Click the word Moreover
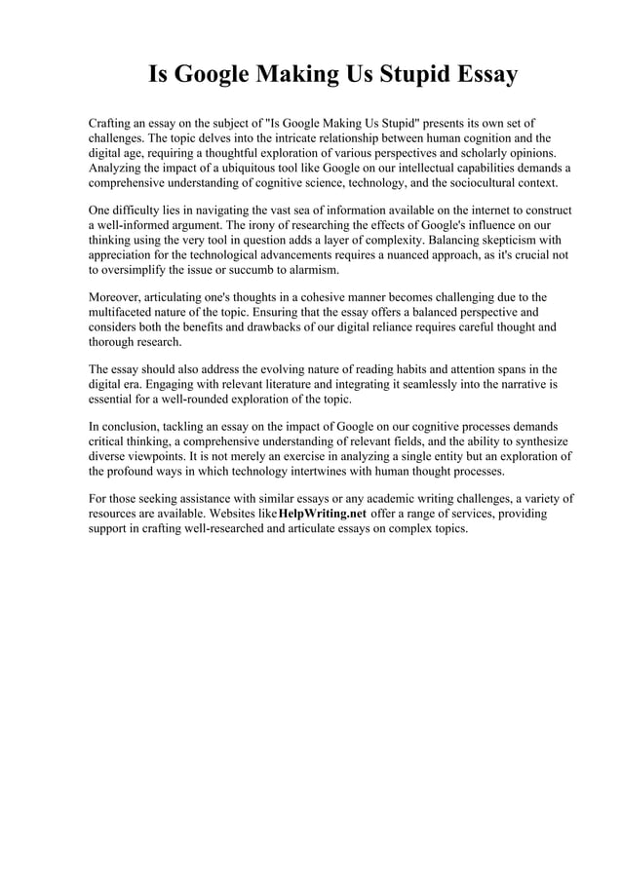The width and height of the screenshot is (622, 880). click(120, 297)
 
